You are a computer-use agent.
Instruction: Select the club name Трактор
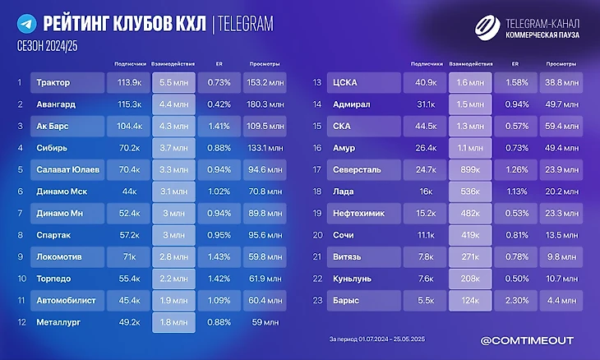(x=54, y=82)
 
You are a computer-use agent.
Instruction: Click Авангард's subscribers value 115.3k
(x=129, y=104)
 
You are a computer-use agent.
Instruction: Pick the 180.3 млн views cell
(x=263, y=104)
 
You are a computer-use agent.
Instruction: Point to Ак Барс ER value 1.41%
(x=219, y=127)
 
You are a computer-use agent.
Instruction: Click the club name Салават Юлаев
(x=67, y=169)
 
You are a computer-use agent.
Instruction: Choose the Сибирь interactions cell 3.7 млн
(x=174, y=148)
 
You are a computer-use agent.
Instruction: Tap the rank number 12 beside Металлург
(x=19, y=322)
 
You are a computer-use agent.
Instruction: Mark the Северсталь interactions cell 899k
(x=470, y=169)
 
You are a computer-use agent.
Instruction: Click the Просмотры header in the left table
(x=262, y=63)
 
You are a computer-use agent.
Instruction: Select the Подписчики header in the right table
(x=424, y=63)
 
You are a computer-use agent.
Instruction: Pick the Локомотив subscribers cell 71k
(x=129, y=256)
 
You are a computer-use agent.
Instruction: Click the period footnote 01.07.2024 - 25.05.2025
(x=376, y=339)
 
